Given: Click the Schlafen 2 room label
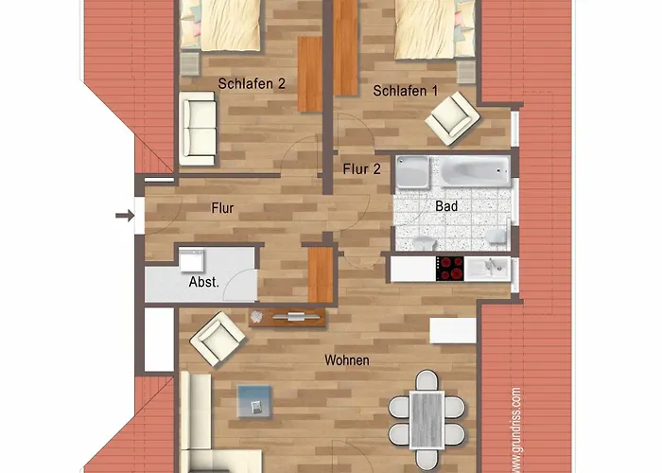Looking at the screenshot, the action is pyautogui.click(x=252, y=83).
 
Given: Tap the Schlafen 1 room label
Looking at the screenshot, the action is pyautogui.click(x=406, y=91).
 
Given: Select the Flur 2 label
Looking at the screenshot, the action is pyautogui.click(x=362, y=169).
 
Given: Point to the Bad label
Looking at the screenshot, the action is pyautogui.click(x=446, y=206).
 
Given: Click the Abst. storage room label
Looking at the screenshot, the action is pyautogui.click(x=204, y=282).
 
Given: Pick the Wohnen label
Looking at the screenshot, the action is pyautogui.click(x=347, y=360).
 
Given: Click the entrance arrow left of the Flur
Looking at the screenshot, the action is pyautogui.click(x=125, y=216).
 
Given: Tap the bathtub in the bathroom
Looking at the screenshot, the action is pyautogui.click(x=475, y=171).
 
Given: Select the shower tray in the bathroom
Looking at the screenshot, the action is pyautogui.click(x=413, y=172).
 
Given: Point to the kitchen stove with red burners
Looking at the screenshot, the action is pyautogui.click(x=449, y=269).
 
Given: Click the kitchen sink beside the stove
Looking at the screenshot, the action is pyautogui.click(x=487, y=269).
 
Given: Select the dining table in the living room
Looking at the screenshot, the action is pyautogui.click(x=427, y=419).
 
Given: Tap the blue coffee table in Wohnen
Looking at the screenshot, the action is pyautogui.click(x=254, y=401).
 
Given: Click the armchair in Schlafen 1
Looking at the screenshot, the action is pyautogui.click(x=453, y=118).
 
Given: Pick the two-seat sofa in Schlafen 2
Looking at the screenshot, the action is pyautogui.click(x=198, y=129).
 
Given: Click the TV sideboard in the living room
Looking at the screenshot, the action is pyautogui.click(x=287, y=318).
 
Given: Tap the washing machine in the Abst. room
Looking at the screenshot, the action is pyautogui.click(x=191, y=260).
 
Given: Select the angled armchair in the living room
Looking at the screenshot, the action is pyautogui.click(x=218, y=339).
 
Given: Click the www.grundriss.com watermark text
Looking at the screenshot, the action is pyautogui.click(x=516, y=429).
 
